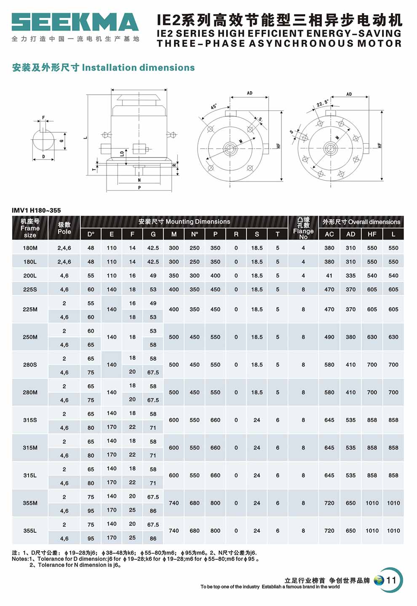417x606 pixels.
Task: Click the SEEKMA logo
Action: coord(75,22)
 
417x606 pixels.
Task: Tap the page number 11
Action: coord(391,580)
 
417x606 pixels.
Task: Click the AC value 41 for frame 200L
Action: coord(329,275)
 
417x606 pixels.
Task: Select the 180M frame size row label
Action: coord(30,248)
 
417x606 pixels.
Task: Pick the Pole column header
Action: coord(64,228)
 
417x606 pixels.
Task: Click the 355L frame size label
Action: coord(30,531)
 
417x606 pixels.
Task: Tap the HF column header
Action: coord(372,234)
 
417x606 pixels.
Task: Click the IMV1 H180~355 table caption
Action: coord(36,210)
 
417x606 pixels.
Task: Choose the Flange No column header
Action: coord(303,228)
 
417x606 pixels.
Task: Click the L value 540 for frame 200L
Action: coord(393,275)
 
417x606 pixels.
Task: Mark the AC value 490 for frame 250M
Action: coord(329,337)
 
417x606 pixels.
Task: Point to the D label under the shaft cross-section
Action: coord(43,157)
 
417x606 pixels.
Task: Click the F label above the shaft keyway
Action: coord(43,118)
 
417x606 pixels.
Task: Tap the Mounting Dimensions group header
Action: coord(184,222)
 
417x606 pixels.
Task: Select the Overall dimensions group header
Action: coord(361,222)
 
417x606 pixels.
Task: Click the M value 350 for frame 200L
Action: coord(174,275)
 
